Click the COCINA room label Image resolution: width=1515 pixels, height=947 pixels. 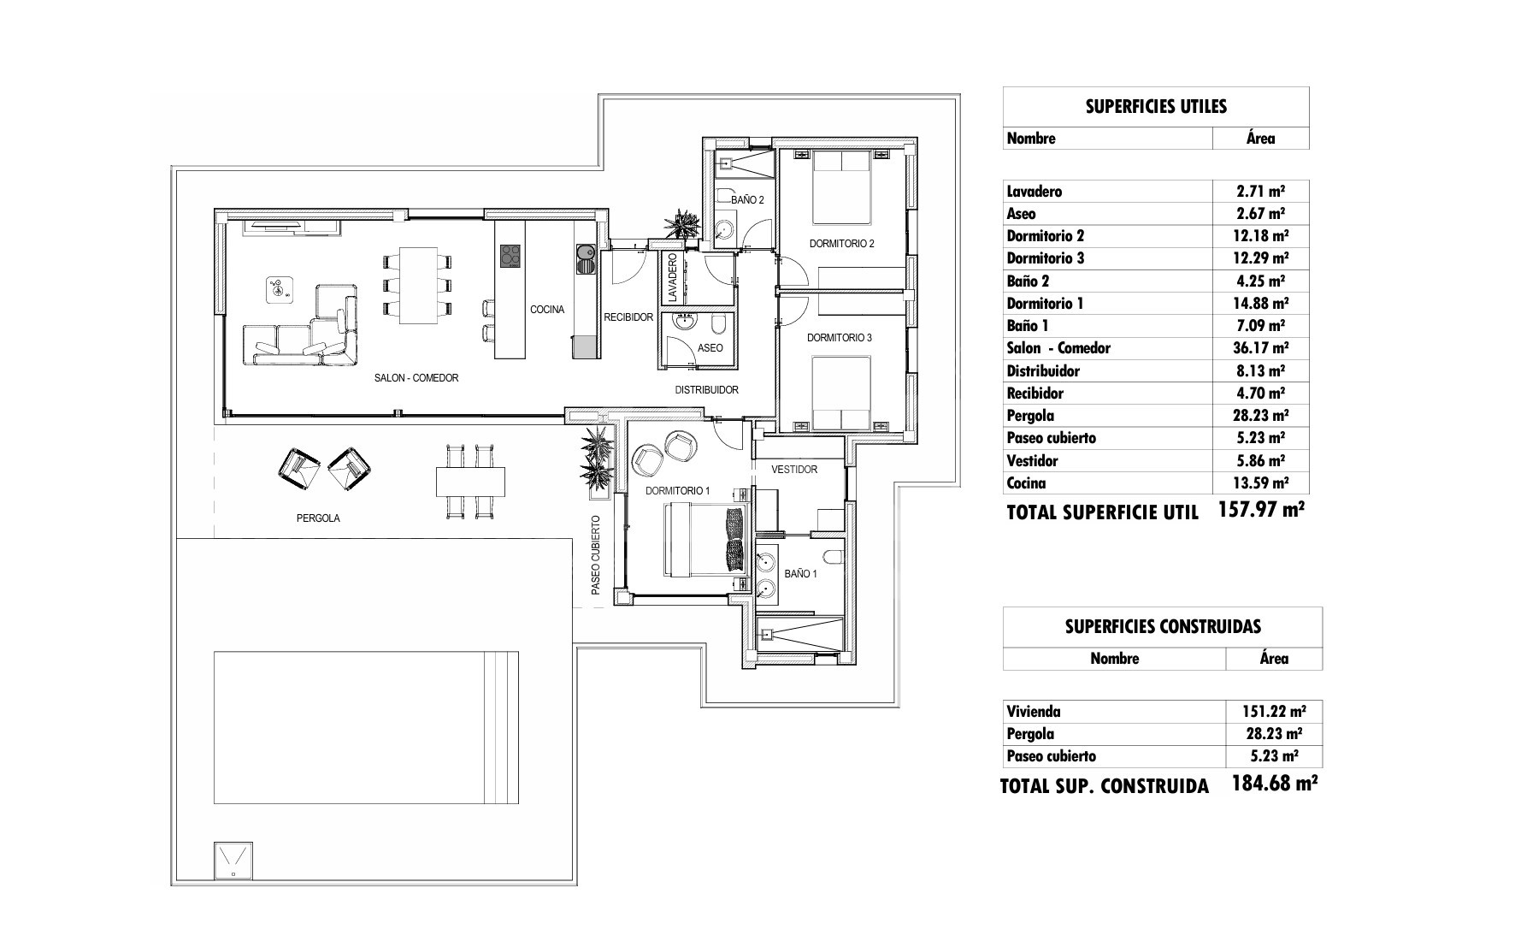coord(547,310)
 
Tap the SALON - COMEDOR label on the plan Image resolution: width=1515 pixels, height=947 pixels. coord(416,378)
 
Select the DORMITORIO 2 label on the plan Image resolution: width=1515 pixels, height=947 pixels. coord(842,244)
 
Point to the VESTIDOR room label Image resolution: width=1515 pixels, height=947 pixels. coord(794,470)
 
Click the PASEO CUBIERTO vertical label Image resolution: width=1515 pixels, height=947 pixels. coord(596,555)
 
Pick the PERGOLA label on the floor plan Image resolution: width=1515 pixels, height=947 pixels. coord(318,518)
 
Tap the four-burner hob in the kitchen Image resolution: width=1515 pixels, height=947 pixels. coord(510,256)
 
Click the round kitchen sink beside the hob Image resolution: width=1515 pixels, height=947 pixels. coord(586,252)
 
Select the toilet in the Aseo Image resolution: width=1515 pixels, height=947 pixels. coord(719,323)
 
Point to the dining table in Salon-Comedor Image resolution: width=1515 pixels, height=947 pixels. coord(419,286)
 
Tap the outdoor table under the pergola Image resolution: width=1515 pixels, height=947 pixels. coord(469,482)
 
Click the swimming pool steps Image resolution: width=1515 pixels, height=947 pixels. coord(501,728)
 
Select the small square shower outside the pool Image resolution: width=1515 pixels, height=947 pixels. coord(233,860)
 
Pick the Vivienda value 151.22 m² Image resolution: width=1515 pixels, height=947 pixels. coord(1273,712)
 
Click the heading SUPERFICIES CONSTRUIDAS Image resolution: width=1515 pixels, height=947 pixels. coord(1163,627)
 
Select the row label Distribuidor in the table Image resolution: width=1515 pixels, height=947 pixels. coord(1043,371)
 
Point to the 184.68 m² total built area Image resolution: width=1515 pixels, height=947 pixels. coord(1274,784)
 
